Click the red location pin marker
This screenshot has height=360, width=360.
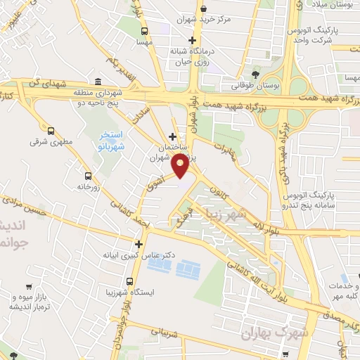181,167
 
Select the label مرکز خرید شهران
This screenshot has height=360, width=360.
204,19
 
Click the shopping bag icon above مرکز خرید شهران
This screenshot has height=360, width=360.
204,8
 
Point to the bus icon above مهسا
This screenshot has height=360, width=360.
145,32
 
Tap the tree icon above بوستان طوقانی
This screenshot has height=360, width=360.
255,75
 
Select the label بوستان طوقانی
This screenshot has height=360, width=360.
255,86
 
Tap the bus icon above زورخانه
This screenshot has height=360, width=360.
88,176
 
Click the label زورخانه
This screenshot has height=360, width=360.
88,187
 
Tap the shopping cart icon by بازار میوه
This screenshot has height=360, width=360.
29,286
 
